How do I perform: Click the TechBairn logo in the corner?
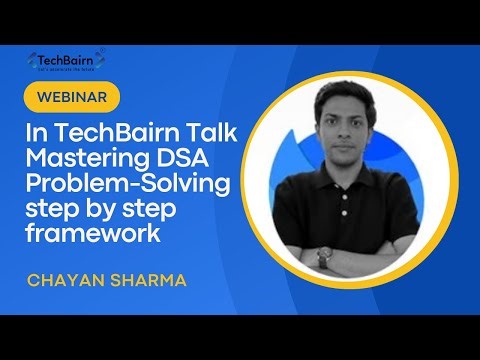coord(67,62)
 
